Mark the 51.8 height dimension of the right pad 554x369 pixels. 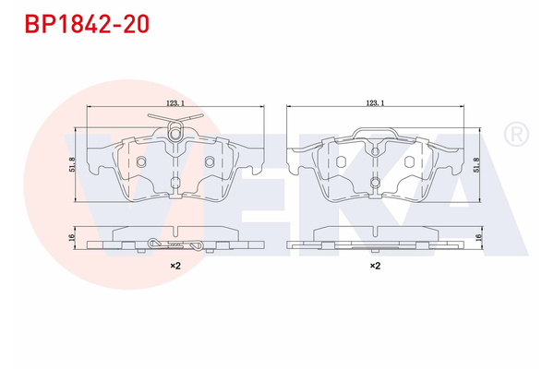click(x=476, y=164)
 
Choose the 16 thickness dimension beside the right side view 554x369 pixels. click(x=476, y=238)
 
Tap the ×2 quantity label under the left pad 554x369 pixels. click(x=175, y=266)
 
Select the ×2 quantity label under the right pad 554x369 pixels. click(x=375, y=266)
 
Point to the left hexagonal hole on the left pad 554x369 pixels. click(x=141, y=162)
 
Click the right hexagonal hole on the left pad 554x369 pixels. click(x=209, y=162)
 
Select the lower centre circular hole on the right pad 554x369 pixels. click(x=375, y=183)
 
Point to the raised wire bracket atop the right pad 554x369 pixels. click(x=375, y=129)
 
